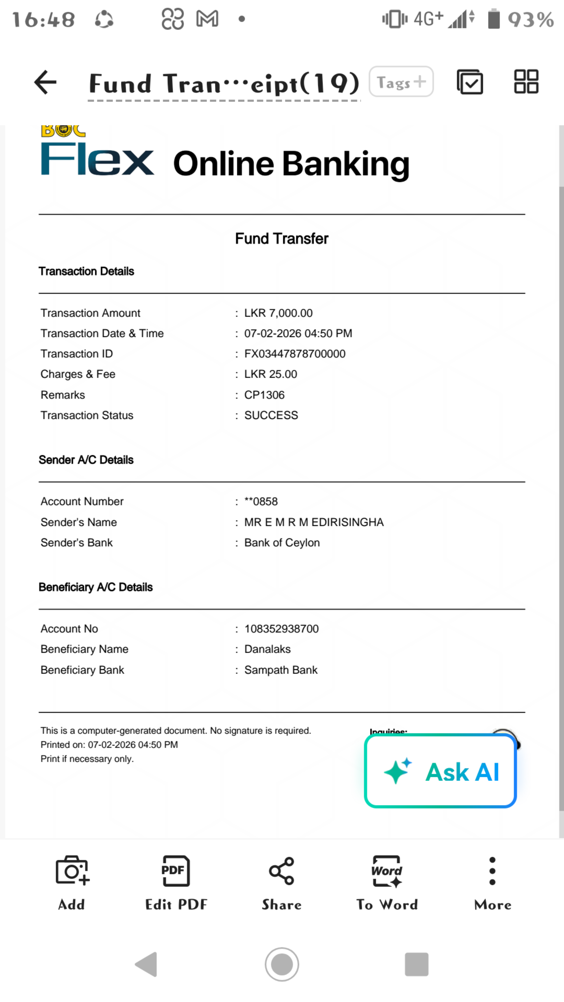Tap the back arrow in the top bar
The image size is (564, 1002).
[x=45, y=82]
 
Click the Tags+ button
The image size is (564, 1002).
[x=401, y=82]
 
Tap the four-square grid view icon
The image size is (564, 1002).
[x=526, y=82]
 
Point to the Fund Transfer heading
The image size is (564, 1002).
[x=281, y=238]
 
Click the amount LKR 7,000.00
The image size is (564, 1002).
[x=278, y=313]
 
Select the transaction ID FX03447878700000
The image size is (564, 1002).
[x=295, y=354]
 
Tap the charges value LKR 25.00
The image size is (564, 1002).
[x=271, y=374]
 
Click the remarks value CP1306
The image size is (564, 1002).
[x=264, y=395]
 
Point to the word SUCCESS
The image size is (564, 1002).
[x=271, y=415]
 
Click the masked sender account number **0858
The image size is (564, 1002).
[x=261, y=501]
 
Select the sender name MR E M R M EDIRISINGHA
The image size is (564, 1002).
[x=314, y=522]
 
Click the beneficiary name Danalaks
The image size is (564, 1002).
[x=267, y=649]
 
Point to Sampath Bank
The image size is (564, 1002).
[x=281, y=670]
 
